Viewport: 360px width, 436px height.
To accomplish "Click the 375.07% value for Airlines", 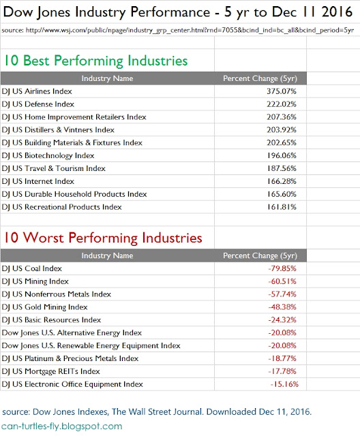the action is (282, 91).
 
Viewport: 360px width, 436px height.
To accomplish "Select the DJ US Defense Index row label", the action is (37, 104).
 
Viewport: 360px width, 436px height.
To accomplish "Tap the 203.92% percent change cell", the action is (282, 130).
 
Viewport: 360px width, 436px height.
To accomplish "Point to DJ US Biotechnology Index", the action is (48, 156).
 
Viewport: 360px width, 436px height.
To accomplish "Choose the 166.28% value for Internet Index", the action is (282, 181).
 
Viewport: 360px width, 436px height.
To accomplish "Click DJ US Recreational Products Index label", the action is (61, 207).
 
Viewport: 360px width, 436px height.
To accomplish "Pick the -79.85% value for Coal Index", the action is (282, 268).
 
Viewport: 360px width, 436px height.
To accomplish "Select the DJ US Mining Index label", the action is (35, 281).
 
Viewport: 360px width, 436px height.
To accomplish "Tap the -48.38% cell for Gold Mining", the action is (282, 307).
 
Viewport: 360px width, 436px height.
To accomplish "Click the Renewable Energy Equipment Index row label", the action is (91, 345).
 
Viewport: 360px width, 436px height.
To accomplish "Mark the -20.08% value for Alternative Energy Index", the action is (282, 333).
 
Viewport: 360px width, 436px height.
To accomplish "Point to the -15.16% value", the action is (284, 384).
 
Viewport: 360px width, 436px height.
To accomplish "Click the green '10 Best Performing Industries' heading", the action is (95, 61).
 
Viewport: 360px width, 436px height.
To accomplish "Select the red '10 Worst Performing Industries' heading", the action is (103, 238).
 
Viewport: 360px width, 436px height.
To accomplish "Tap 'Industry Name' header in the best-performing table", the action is (107, 78).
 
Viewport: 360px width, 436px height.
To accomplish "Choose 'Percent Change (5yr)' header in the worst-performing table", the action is (260, 255).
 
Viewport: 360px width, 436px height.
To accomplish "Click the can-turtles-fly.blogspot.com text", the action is (62, 426).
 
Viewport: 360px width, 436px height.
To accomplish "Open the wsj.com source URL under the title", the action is (178, 30).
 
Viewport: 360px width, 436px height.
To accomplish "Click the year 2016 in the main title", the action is (337, 12).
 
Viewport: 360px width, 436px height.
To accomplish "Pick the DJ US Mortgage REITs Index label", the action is (50, 371).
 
